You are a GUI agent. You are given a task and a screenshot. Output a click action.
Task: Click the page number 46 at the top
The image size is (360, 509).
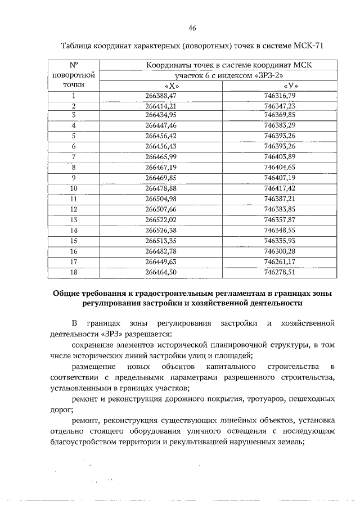click(x=192, y=29)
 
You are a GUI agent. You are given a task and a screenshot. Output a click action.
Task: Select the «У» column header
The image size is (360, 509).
click(x=291, y=85)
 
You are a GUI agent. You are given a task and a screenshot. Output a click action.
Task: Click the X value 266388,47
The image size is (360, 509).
click(x=161, y=96)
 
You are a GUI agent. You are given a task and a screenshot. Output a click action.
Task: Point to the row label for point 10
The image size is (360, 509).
click(x=74, y=188)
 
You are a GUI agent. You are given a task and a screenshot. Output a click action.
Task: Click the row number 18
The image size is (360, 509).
click(x=74, y=272)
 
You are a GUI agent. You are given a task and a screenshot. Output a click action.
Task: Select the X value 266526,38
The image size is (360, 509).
click(x=161, y=229)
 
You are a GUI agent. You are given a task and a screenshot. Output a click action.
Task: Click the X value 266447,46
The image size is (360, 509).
click(x=161, y=125)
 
